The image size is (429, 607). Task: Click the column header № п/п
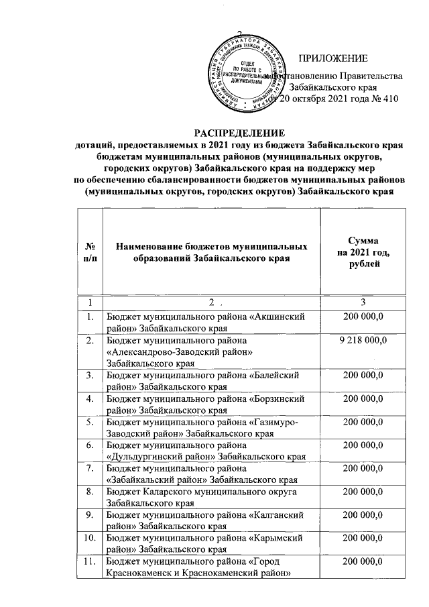click(x=90, y=252)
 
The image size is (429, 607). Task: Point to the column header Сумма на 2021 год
click(x=363, y=252)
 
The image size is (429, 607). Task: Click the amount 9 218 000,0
click(x=363, y=341)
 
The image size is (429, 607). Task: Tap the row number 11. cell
click(x=90, y=561)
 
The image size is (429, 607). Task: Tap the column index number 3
click(x=362, y=302)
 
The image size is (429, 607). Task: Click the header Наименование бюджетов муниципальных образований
click(x=212, y=252)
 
